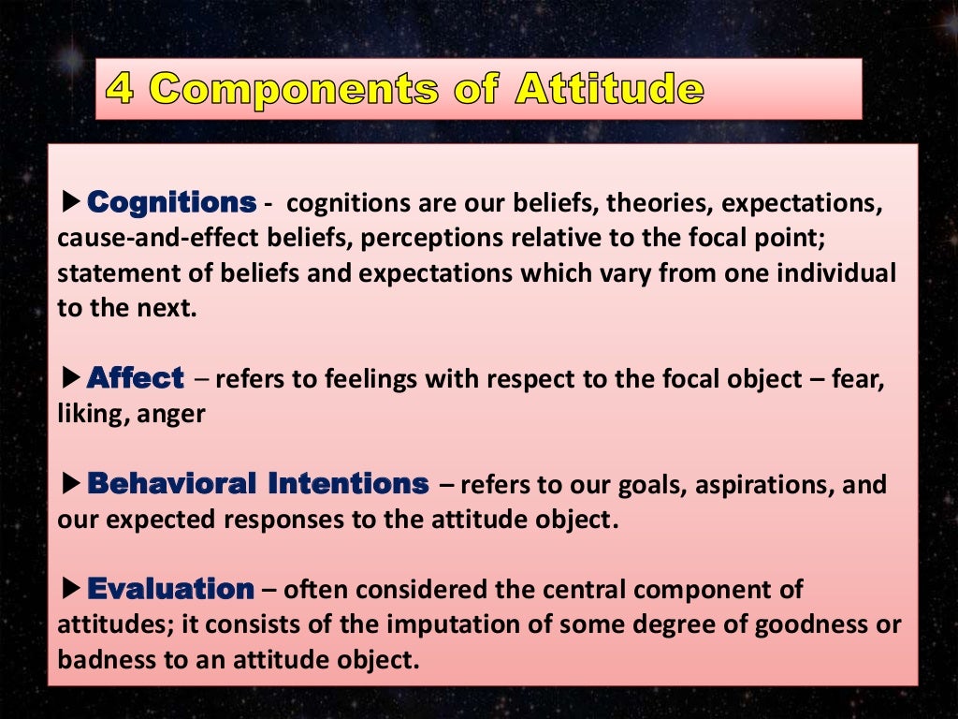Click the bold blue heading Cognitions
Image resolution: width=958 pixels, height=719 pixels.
171,202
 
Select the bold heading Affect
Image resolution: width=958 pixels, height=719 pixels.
136,378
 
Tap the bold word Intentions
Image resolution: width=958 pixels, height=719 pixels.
348,484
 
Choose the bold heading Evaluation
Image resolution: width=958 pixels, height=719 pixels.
170,589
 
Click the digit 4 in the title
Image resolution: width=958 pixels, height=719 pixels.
121,89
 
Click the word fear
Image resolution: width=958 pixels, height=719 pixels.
861,379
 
